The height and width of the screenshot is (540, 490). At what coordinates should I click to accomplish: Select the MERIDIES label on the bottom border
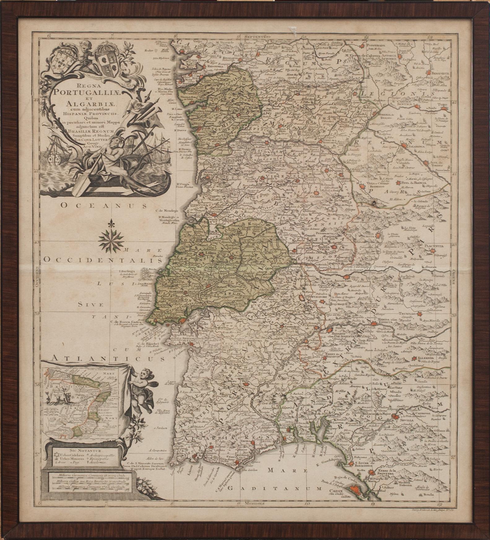coord(254,504)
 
